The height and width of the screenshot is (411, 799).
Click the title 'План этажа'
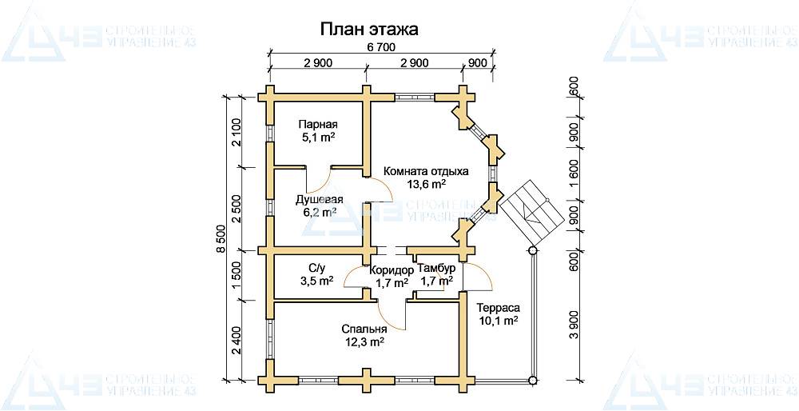(x=369, y=29)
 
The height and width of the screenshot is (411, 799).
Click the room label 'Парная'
(x=318, y=125)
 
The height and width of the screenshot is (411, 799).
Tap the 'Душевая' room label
(x=320, y=199)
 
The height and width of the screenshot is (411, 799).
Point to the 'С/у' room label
(x=317, y=269)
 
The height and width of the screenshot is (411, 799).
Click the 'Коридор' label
(x=392, y=270)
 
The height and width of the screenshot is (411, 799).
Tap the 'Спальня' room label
(x=364, y=329)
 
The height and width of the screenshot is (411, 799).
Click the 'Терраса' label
(x=498, y=308)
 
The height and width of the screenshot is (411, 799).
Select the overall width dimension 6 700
(x=381, y=49)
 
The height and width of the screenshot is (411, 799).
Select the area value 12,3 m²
(x=364, y=341)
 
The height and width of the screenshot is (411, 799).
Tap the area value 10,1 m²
(x=498, y=321)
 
